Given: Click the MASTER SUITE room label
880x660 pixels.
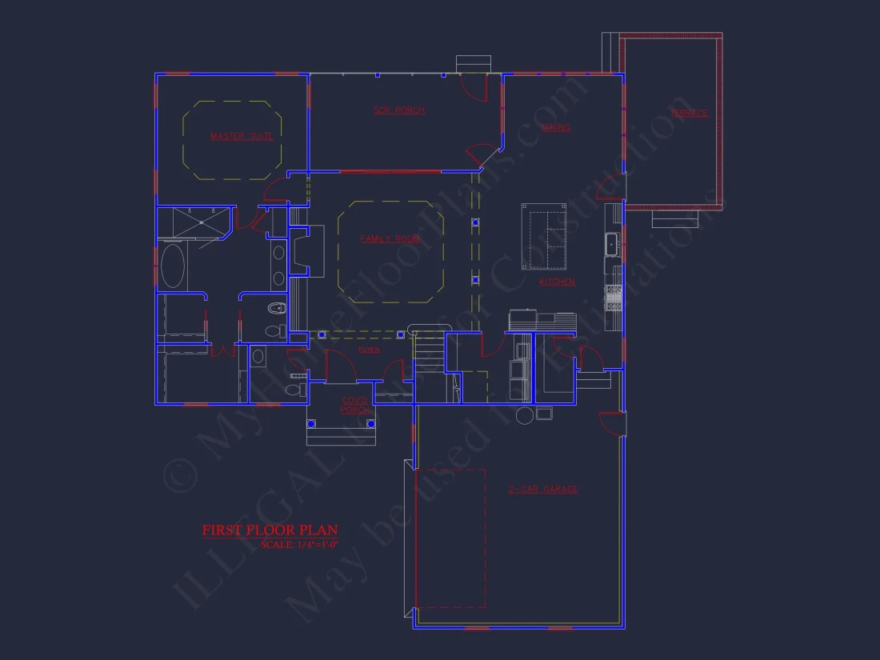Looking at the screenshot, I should tap(242, 137).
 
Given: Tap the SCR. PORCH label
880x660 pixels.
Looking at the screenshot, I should tap(399, 110).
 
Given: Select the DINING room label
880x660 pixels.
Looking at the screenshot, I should tap(556, 128).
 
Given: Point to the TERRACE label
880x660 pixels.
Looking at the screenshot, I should tap(690, 114).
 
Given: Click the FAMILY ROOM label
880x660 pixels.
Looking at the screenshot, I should tap(390, 239).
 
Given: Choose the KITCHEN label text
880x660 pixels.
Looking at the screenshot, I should tap(557, 282).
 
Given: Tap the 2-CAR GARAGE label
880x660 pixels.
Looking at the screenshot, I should tap(543, 490).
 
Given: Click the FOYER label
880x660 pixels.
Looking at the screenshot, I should tap(369, 350).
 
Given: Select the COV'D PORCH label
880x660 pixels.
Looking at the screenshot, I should tap(355, 406).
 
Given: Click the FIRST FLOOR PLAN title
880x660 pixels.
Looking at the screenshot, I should tap(270, 530).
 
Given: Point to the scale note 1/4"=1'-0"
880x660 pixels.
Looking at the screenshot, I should tap(299, 545).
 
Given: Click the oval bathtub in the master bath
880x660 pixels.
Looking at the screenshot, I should tap(173, 266).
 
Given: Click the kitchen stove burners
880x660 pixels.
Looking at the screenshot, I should tap(614, 298).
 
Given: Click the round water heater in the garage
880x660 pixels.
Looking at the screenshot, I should tap(525, 415).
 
